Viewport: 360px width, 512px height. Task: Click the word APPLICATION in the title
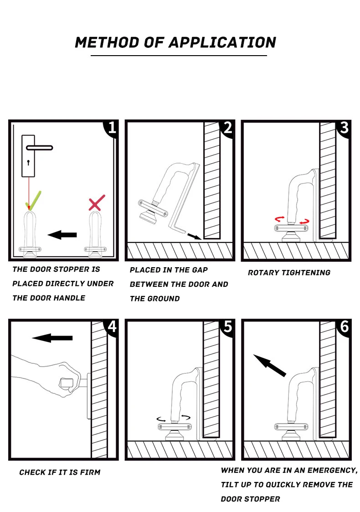tap(222, 42)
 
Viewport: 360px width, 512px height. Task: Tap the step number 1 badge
tap(112, 128)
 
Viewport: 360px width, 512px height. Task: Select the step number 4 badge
tap(112, 326)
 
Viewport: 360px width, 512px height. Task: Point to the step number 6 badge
tap(345, 326)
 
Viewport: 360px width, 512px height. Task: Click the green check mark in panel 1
tap(34, 201)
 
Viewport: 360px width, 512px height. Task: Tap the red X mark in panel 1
tap(97, 203)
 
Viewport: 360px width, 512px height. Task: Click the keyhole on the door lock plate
tap(28, 162)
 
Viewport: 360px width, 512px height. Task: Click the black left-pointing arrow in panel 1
tap(62, 234)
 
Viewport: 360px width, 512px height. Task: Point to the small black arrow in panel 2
tap(194, 237)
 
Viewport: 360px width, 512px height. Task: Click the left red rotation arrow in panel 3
tap(279, 219)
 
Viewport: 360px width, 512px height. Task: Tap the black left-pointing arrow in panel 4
tap(52, 338)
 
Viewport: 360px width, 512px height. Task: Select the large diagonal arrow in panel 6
tap(269, 365)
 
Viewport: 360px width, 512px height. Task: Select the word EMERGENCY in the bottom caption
tap(332, 471)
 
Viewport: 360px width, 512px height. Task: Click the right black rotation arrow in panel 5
tap(186, 417)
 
